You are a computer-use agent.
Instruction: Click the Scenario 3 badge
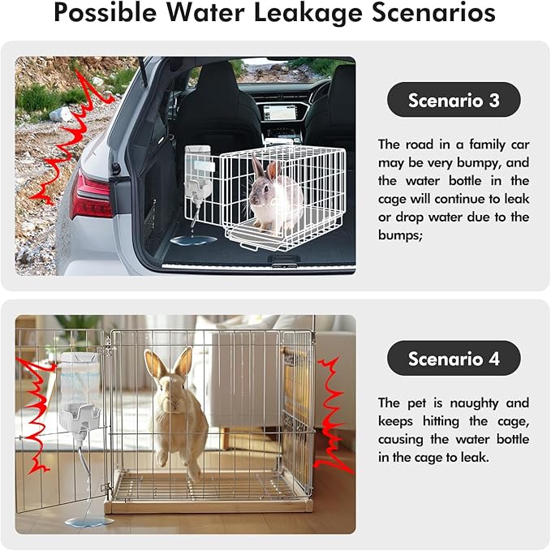click(x=453, y=100)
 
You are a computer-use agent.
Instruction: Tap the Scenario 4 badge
click(x=453, y=358)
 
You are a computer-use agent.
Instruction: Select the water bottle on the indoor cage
click(x=82, y=390)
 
